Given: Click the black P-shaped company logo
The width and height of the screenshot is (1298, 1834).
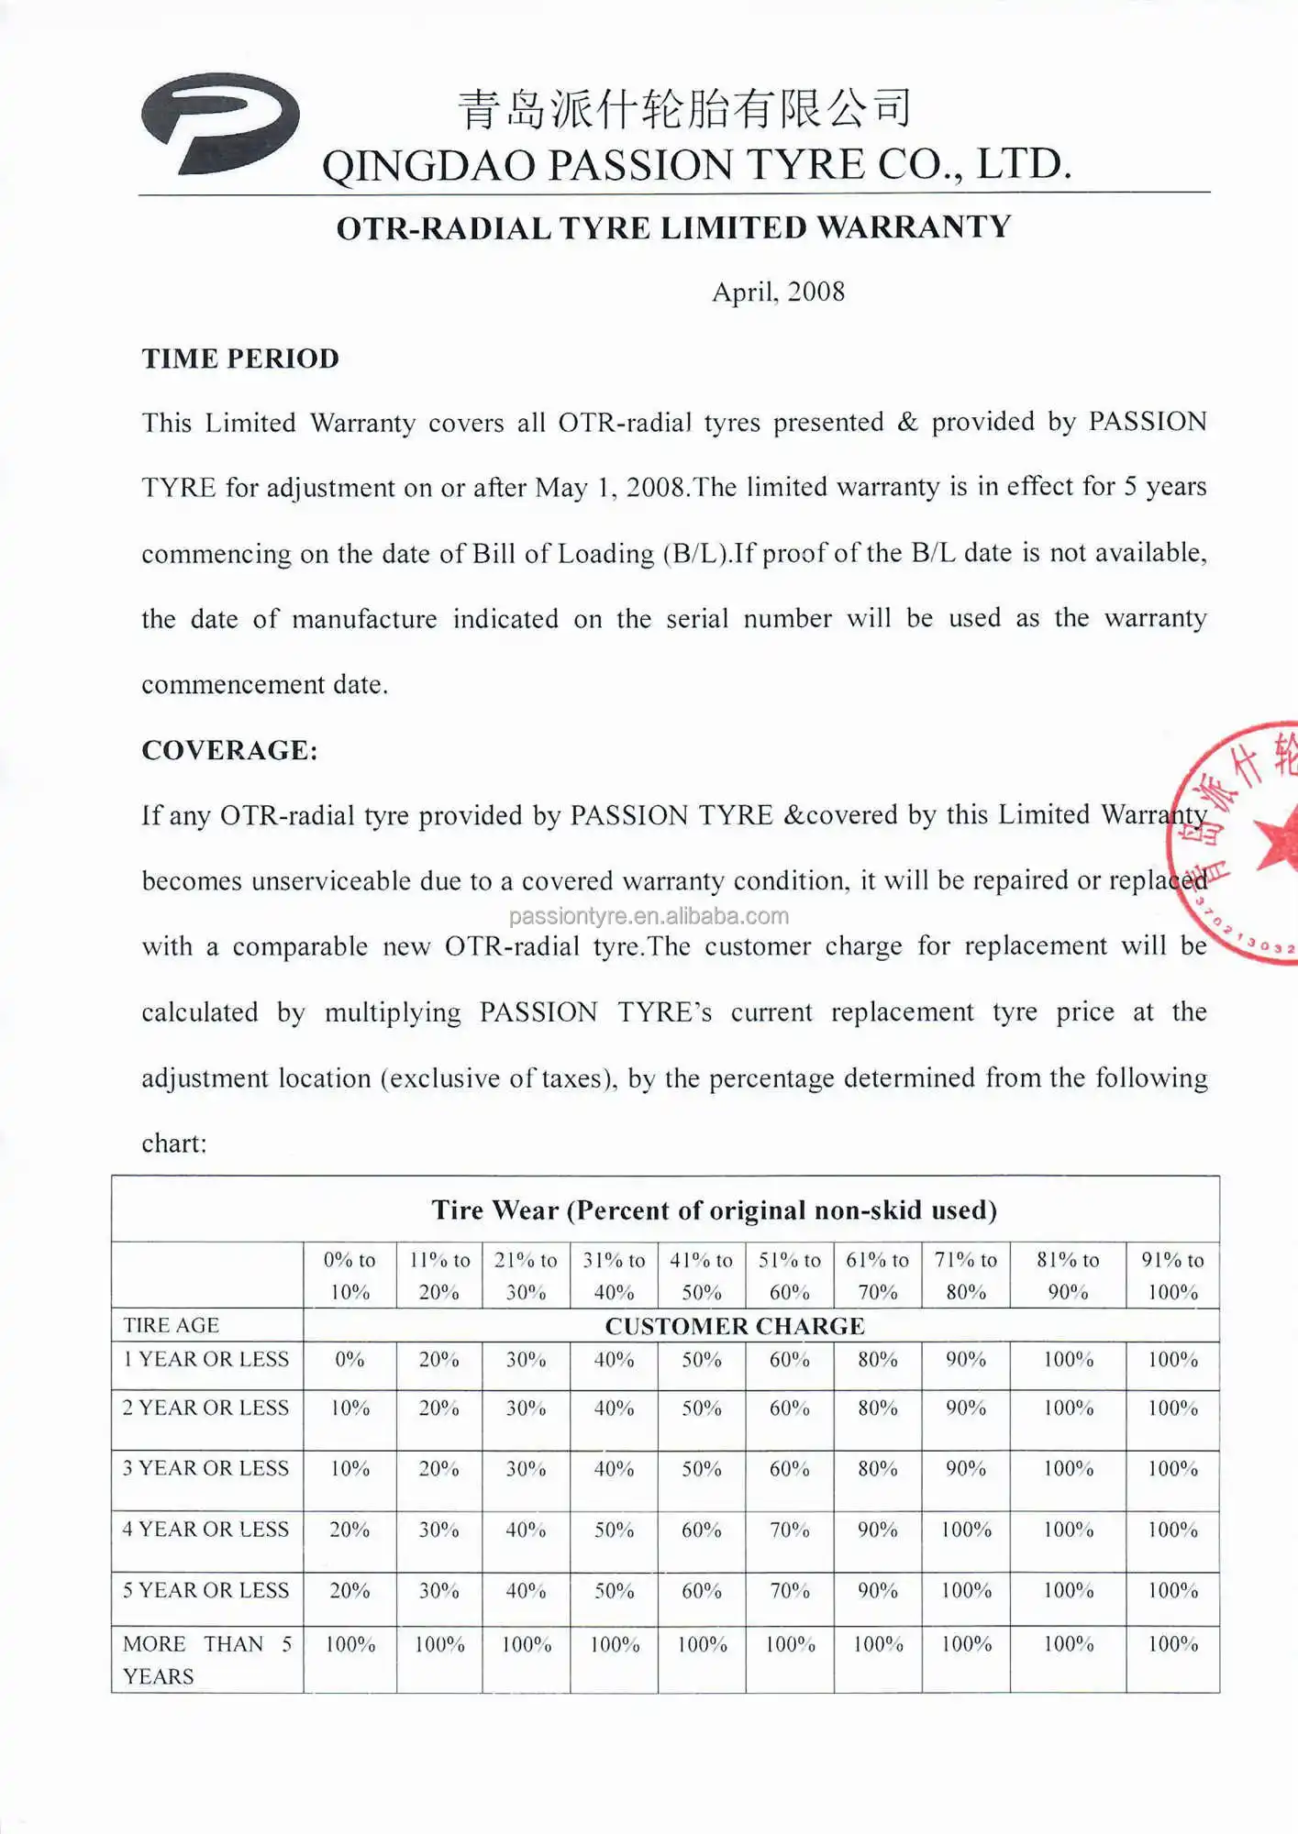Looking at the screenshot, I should [x=220, y=123].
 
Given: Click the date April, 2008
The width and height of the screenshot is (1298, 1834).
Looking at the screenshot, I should [x=778, y=293].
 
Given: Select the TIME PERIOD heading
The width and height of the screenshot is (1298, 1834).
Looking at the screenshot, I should [x=240, y=359].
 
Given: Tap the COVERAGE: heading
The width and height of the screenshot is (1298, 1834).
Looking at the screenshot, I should [x=229, y=751].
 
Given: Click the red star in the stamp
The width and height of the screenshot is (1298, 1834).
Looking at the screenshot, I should [x=1280, y=839].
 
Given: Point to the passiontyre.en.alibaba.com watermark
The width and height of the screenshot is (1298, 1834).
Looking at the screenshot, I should [x=649, y=916].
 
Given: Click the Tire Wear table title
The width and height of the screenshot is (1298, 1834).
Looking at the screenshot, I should [x=714, y=1210].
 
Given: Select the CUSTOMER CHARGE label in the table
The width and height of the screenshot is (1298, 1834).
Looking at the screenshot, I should [x=735, y=1326].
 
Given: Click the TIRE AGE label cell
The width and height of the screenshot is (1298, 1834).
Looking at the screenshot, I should [x=172, y=1326].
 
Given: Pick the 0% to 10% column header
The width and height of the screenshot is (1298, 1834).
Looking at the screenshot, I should [x=349, y=1276].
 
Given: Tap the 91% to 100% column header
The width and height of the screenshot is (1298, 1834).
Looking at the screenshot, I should [x=1172, y=1276].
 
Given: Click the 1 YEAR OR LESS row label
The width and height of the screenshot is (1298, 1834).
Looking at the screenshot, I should [x=206, y=1360].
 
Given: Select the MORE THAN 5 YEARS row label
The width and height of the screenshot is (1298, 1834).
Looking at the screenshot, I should [x=206, y=1660].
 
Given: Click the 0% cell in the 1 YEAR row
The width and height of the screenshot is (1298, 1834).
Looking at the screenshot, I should [x=349, y=1360].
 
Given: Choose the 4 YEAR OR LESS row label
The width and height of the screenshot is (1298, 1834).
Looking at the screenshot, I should [x=206, y=1530].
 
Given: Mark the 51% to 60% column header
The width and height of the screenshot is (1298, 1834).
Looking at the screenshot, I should [x=789, y=1276].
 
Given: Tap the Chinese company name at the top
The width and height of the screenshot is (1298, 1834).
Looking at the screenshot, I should [x=684, y=108].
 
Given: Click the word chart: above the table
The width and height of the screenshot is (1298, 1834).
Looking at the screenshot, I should [x=174, y=1143].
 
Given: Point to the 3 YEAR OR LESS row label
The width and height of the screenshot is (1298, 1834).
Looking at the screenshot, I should [x=206, y=1469].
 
